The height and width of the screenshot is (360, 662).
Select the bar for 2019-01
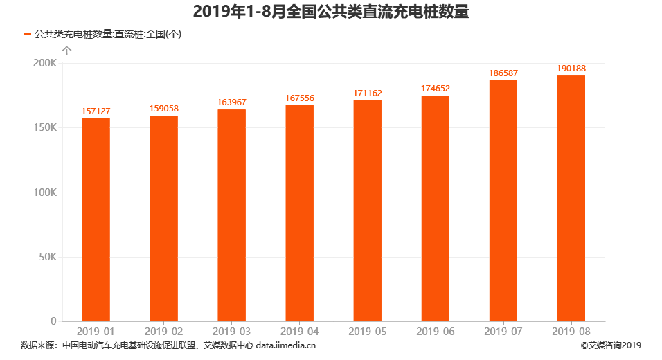[96, 219]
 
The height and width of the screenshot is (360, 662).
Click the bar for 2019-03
[231, 215]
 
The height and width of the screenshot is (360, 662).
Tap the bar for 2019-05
[367, 210]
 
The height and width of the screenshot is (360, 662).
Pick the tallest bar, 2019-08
[571, 198]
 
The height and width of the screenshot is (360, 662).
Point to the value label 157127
[96, 111]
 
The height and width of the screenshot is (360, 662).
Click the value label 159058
[163, 109]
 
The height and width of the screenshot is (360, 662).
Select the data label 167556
[299, 98]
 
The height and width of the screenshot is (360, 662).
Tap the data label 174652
[435, 89]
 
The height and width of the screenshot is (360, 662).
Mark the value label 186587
[503, 73]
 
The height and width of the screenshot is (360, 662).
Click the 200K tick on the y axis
[45, 63]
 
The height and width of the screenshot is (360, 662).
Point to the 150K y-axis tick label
[45, 128]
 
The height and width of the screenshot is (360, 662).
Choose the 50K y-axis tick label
[47, 257]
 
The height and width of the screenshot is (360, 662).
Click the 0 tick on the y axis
[53, 321]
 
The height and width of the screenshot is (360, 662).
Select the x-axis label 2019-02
[163, 332]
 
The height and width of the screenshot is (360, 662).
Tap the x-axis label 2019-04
[299, 332]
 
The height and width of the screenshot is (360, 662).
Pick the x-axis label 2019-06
[435, 332]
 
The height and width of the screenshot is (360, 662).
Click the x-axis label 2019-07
[503, 332]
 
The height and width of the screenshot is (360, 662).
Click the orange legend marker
[28, 34]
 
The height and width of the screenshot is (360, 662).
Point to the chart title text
[331, 12]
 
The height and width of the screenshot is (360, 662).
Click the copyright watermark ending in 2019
[611, 345]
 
